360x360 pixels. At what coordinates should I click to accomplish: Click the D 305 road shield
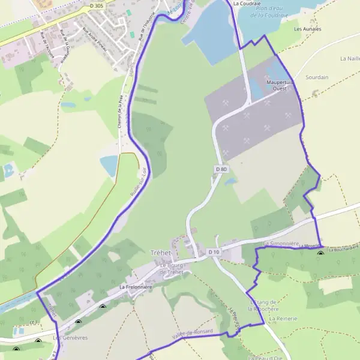(x=96, y=5)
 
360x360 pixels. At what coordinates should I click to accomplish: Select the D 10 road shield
(x=214, y=252)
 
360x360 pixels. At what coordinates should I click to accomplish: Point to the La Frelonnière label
(x=136, y=287)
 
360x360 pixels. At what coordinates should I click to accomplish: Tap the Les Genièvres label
(x=70, y=338)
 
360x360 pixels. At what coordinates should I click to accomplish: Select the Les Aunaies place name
(x=308, y=29)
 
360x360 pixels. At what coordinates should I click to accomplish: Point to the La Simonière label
(x=281, y=243)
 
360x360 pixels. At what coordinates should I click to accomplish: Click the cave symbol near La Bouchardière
(x=320, y=252)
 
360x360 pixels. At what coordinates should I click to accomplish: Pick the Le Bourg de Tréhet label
(x=172, y=269)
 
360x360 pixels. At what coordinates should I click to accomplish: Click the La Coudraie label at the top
(x=244, y=3)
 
